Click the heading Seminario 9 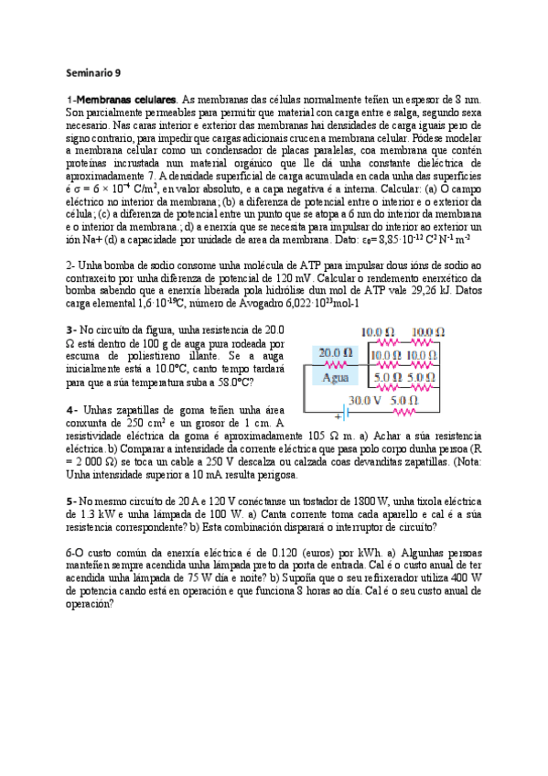[93, 71]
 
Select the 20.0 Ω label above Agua [335, 352]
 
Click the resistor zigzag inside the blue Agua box [335, 363]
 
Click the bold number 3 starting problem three [70, 329]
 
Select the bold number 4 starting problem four [70, 408]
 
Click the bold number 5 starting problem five [70, 501]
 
